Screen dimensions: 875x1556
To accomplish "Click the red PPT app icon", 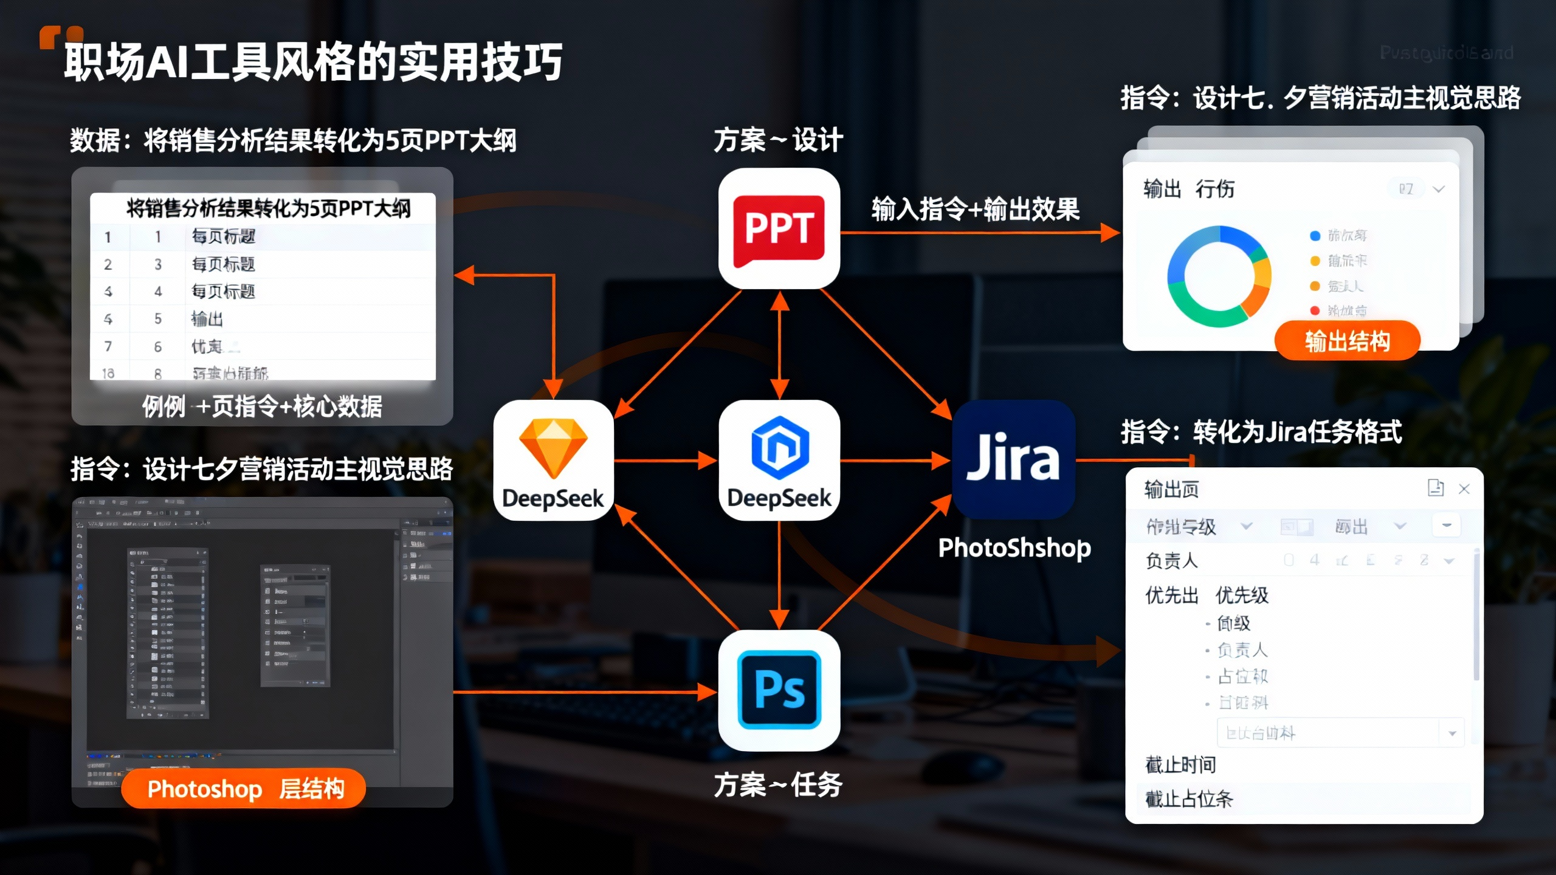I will pos(779,229).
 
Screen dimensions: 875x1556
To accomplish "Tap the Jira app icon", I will pos(1013,459).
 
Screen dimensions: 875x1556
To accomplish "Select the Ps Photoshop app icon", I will pos(779,690).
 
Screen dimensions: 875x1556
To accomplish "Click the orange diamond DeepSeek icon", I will pos(553,459).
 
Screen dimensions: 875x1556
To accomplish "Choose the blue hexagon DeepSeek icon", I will pos(779,459).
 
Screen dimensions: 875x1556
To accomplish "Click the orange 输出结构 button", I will pos(1347,341).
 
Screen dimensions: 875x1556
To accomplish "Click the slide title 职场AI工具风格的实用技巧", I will pos(314,61).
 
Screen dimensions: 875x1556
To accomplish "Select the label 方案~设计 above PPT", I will pos(778,140).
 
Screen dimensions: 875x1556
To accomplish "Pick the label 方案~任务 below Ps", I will pos(778,784).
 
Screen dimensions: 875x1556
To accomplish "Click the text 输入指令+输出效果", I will pos(975,209).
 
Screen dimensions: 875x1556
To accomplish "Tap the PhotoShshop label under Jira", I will pos(1014,547).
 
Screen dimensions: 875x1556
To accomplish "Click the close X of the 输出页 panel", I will pos(1464,489).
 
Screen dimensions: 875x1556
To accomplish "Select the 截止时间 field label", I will pos(1180,765).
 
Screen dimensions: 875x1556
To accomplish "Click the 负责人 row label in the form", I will pos(1171,560).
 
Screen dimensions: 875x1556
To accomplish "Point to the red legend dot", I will pos(1315,311).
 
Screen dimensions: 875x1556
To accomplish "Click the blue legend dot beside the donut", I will pos(1315,236).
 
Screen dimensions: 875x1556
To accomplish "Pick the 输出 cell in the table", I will pos(207,319).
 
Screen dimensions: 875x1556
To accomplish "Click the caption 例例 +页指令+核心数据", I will pos(262,406).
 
